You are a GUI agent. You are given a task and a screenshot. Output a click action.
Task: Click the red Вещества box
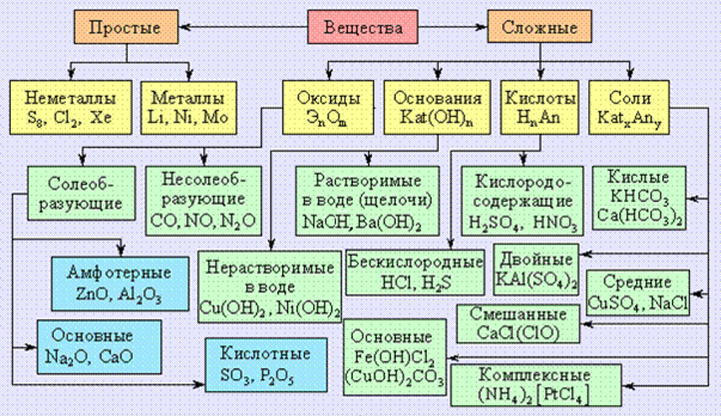pyautogui.click(x=362, y=27)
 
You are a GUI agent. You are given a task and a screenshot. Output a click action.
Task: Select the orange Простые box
pyautogui.click(x=126, y=27)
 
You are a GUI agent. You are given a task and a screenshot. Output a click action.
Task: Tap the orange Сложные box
pyautogui.click(x=539, y=27)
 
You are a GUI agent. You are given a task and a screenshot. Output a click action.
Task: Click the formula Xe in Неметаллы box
pyautogui.click(x=101, y=117)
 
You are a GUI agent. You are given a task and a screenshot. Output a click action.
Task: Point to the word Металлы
pyautogui.click(x=188, y=98)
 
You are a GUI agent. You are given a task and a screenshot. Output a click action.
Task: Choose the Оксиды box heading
pyautogui.click(x=328, y=98)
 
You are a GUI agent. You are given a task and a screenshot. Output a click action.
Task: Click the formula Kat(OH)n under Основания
pyautogui.click(x=436, y=118)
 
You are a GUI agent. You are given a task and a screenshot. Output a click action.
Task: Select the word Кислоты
pyautogui.click(x=540, y=98)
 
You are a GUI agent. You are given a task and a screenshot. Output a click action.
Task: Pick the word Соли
pyautogui.click(x=629, y=98)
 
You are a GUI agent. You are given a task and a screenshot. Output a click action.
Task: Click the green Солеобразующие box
pyautogui.click(x=82, y=193)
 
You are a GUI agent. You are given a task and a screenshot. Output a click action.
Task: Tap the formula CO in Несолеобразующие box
pyautogui.click(x=161, y=221)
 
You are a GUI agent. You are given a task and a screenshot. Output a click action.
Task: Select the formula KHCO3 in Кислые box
pyautogui.click(x=638, y=197)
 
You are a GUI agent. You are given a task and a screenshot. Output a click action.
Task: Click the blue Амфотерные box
pyautogui.click(x=120, y=284)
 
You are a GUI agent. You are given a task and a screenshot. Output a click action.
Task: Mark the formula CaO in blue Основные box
pyautogui.click(x=115, y=356)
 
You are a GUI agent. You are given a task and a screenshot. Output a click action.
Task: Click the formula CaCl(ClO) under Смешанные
pyautogui.click(x=518, y=333)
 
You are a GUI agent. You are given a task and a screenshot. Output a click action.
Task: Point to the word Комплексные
pyautogui.click(x=534, y=375)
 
